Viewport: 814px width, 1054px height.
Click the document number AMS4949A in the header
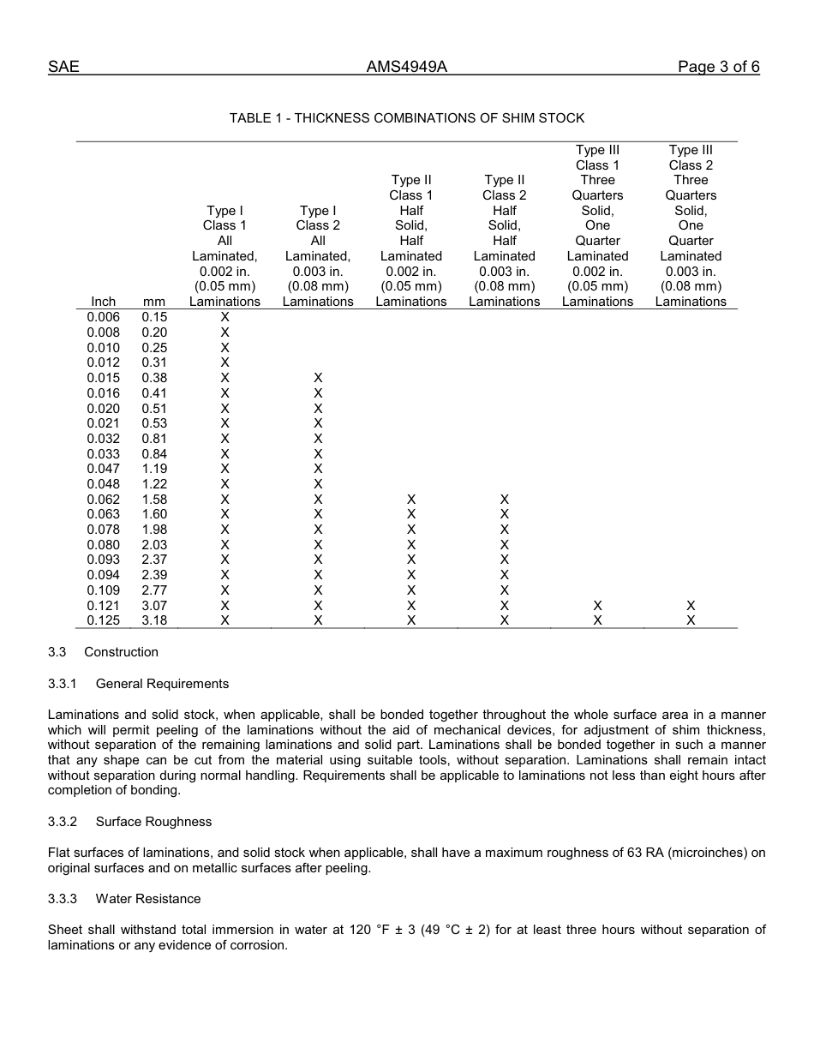(x=406, y=68)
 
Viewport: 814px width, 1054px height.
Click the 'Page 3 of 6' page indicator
(x=718, y=68)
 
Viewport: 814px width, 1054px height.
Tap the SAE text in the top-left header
(x=63, y=68)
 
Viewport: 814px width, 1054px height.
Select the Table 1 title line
(x=406, y=118)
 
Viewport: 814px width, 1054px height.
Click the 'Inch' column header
(x=103, y=302)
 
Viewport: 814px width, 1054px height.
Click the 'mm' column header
(x=154, y=302)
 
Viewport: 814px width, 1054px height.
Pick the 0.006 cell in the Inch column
(x=103, y=317)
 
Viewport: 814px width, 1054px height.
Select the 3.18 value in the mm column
(x=154, y=620)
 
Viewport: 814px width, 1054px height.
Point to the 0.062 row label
(x=103, y=499)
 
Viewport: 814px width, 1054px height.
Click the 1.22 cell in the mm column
(x=154, y=484)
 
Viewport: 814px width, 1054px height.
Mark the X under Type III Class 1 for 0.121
(x=597, y=606)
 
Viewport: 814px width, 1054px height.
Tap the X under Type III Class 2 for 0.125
(x=691, y=620)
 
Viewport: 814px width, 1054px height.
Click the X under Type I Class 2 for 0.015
(x=318, y=378)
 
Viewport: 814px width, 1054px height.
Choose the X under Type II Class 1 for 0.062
(x=411, y=499)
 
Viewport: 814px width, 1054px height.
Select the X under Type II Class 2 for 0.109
(x=505, y=590)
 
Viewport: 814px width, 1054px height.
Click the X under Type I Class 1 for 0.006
(x=224, y=317)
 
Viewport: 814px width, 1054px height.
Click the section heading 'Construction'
(x=121, y=652)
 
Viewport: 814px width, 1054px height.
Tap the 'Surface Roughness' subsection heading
(x=153, y=822)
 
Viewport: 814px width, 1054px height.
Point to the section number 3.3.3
(x=63, y=899)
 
